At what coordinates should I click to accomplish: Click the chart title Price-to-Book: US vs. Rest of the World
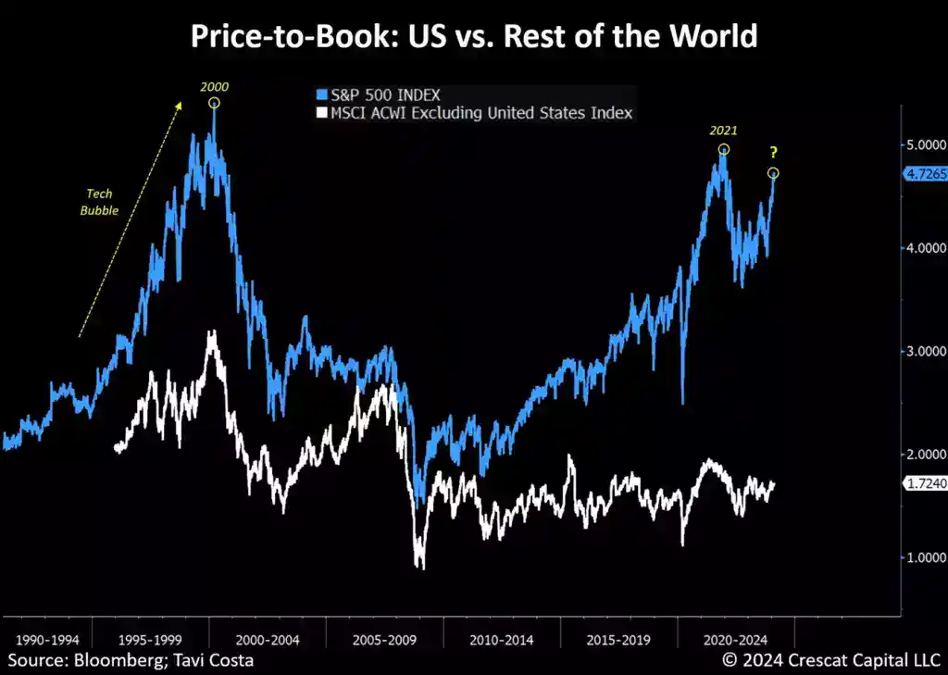pyautogui.click(x=473, y=36)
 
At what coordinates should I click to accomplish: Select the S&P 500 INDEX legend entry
pyautogui.click(x=379, y=94)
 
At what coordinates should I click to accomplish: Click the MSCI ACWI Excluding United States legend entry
pyautogui.click(x=475, y=113)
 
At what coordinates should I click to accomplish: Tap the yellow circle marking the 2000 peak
pyautogui.click(x=214, y=103)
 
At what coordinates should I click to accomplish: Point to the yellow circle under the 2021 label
pyautogui.click(x=724, y=149)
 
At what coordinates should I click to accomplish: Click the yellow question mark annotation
pyautogui.click(x=773, y=154)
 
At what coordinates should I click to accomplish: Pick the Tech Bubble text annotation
pyautogui.click(x=101, y=202)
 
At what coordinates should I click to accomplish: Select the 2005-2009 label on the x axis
pyautogui.click(x=384, y=640)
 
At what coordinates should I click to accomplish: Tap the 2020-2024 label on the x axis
pyautogui.click(x=734, y=640)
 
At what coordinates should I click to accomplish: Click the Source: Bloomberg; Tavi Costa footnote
pyautogui.click(x=131, y=660)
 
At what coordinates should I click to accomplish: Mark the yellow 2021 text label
pyautogui.click(x=723, y=131)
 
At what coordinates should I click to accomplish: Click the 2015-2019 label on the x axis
pyautogui.click(x=619, y=640)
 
